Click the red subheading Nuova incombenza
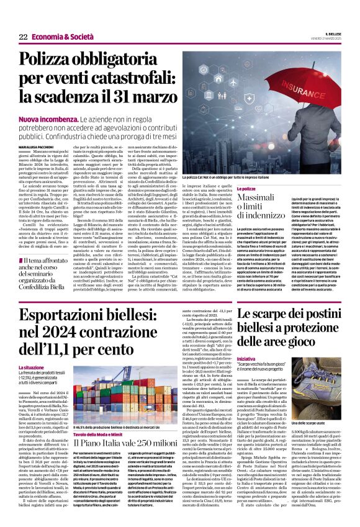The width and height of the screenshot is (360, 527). coord(61,118)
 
